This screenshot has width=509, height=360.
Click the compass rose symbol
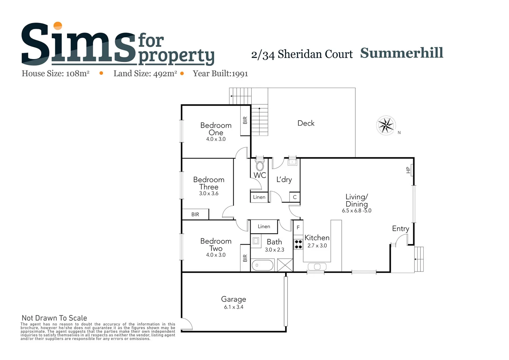pos(386,126)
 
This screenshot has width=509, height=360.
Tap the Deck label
pos(306,123)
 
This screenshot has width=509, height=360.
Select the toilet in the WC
pos(260,166)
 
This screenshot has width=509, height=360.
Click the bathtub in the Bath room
pos(263,265)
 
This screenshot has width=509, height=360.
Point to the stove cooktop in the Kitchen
pos(298,244)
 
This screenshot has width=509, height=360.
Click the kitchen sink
pos(317,266)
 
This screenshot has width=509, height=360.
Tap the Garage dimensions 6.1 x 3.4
pos(233,307)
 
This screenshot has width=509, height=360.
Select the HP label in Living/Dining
pos(408,170)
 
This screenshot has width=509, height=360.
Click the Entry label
pos(400,229)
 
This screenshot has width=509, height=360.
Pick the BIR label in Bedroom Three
pos(195,214)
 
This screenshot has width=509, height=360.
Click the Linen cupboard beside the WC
pos(259,197)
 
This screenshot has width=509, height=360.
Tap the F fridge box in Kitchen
pos(298,227)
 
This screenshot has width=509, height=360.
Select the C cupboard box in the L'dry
pos(295,197)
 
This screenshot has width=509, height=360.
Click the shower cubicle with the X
pos(285,265)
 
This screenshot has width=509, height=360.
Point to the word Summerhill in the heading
pos(402,53)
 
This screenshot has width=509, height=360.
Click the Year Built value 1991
pos(240,74)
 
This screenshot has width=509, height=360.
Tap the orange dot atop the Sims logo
pos(58,26)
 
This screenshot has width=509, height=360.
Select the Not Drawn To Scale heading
pos(54,318)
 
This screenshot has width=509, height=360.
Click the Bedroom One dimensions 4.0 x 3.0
pos(216,139)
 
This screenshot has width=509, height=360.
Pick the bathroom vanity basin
pos(256,241)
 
